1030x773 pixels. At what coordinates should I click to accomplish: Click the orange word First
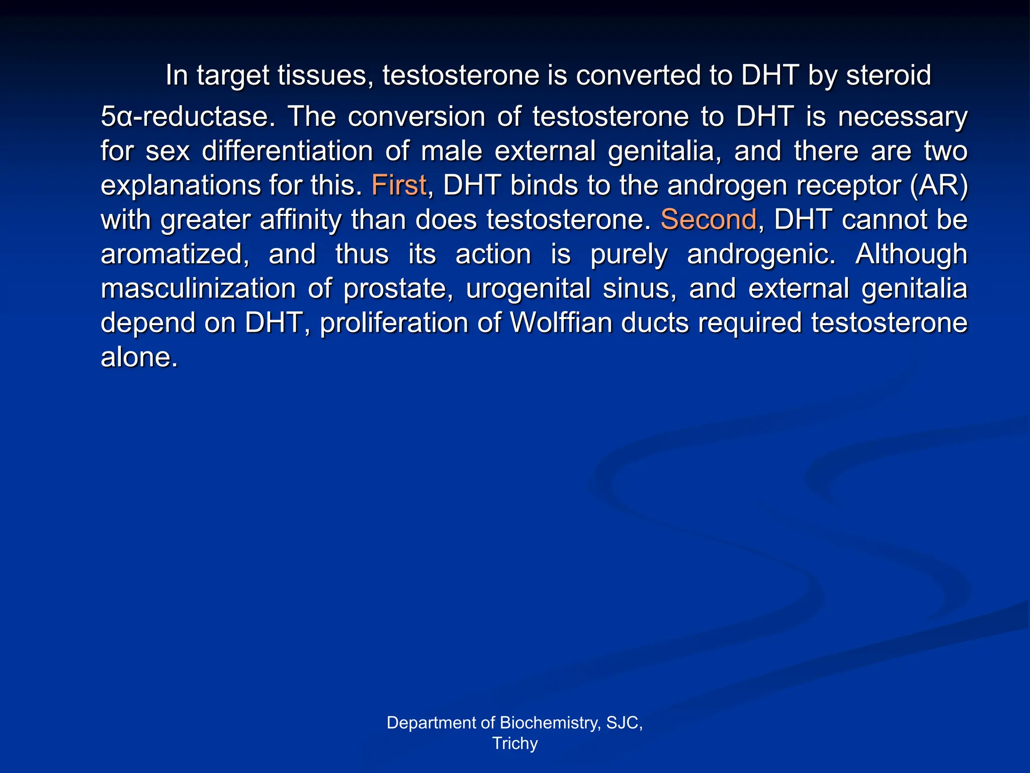pos(399,185)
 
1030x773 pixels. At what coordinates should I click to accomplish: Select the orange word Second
pos(708,219)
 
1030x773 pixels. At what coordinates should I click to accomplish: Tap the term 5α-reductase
pos(188,117)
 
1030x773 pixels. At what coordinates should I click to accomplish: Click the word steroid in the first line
pos(889,75)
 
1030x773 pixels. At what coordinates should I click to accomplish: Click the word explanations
pos(180,186)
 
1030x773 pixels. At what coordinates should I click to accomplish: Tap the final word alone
pos(139,357)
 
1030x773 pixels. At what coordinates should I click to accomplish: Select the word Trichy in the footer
pos(515,743)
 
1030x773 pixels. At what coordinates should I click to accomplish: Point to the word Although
pos(911,254)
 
